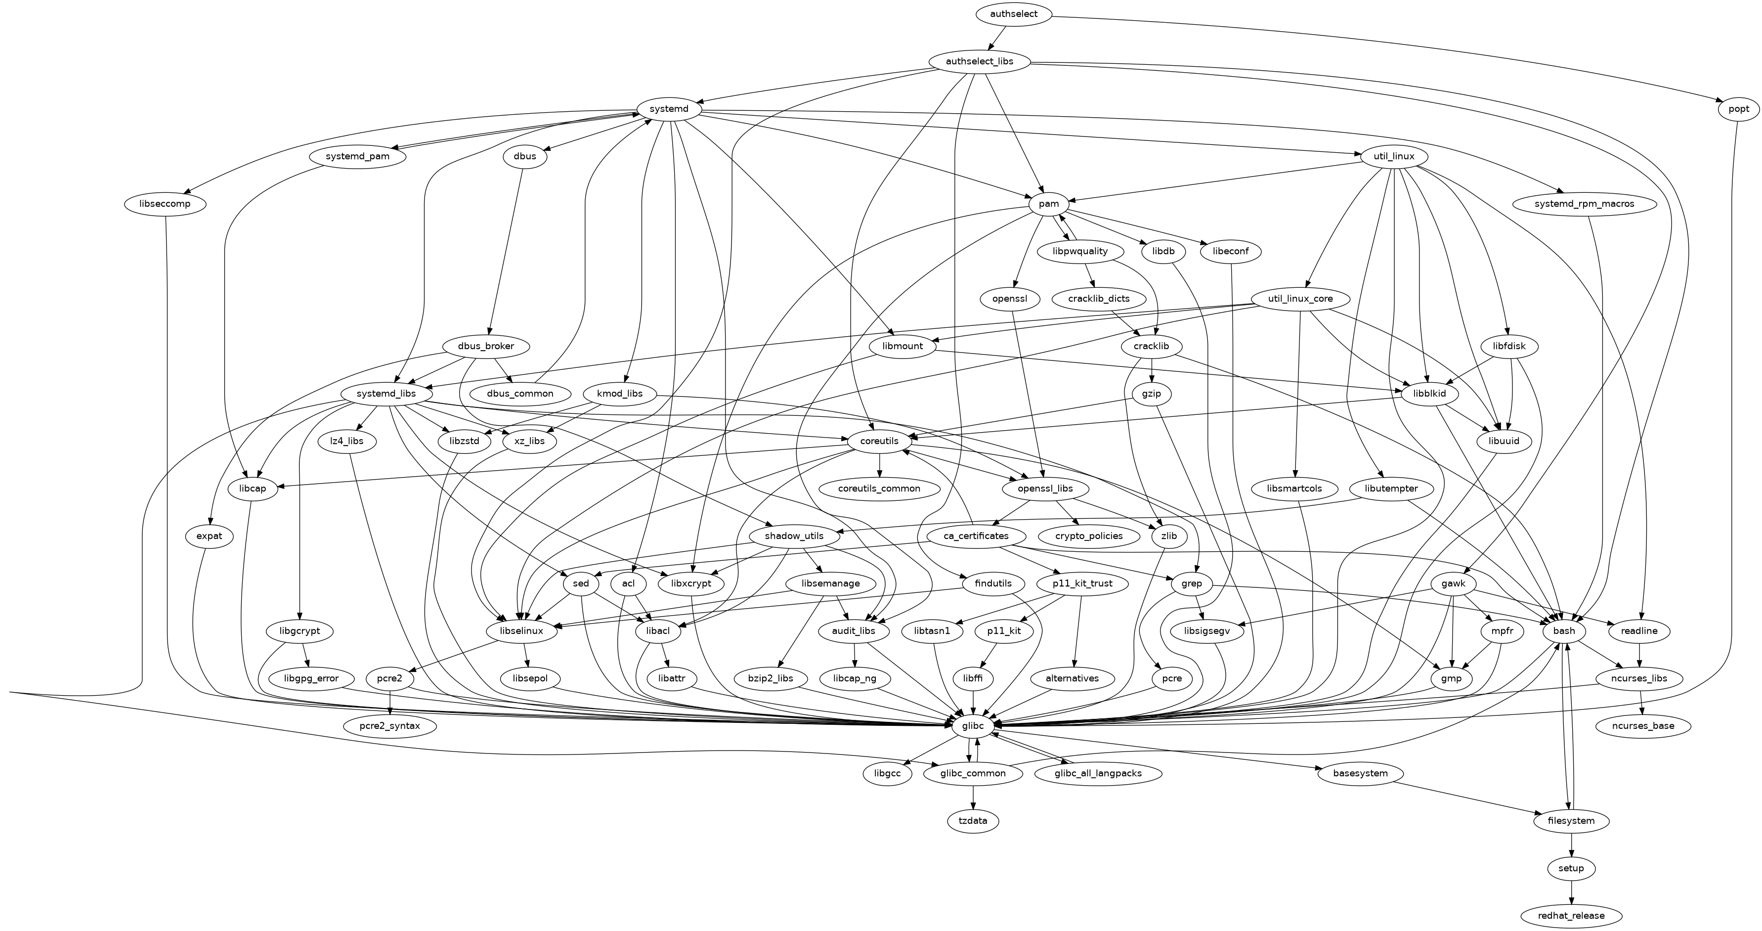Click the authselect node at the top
1014,14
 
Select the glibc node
973,725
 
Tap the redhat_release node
1571,915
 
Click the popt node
1738,109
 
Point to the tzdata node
973,820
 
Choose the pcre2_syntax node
389,725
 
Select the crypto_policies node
1089,535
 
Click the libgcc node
887,773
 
